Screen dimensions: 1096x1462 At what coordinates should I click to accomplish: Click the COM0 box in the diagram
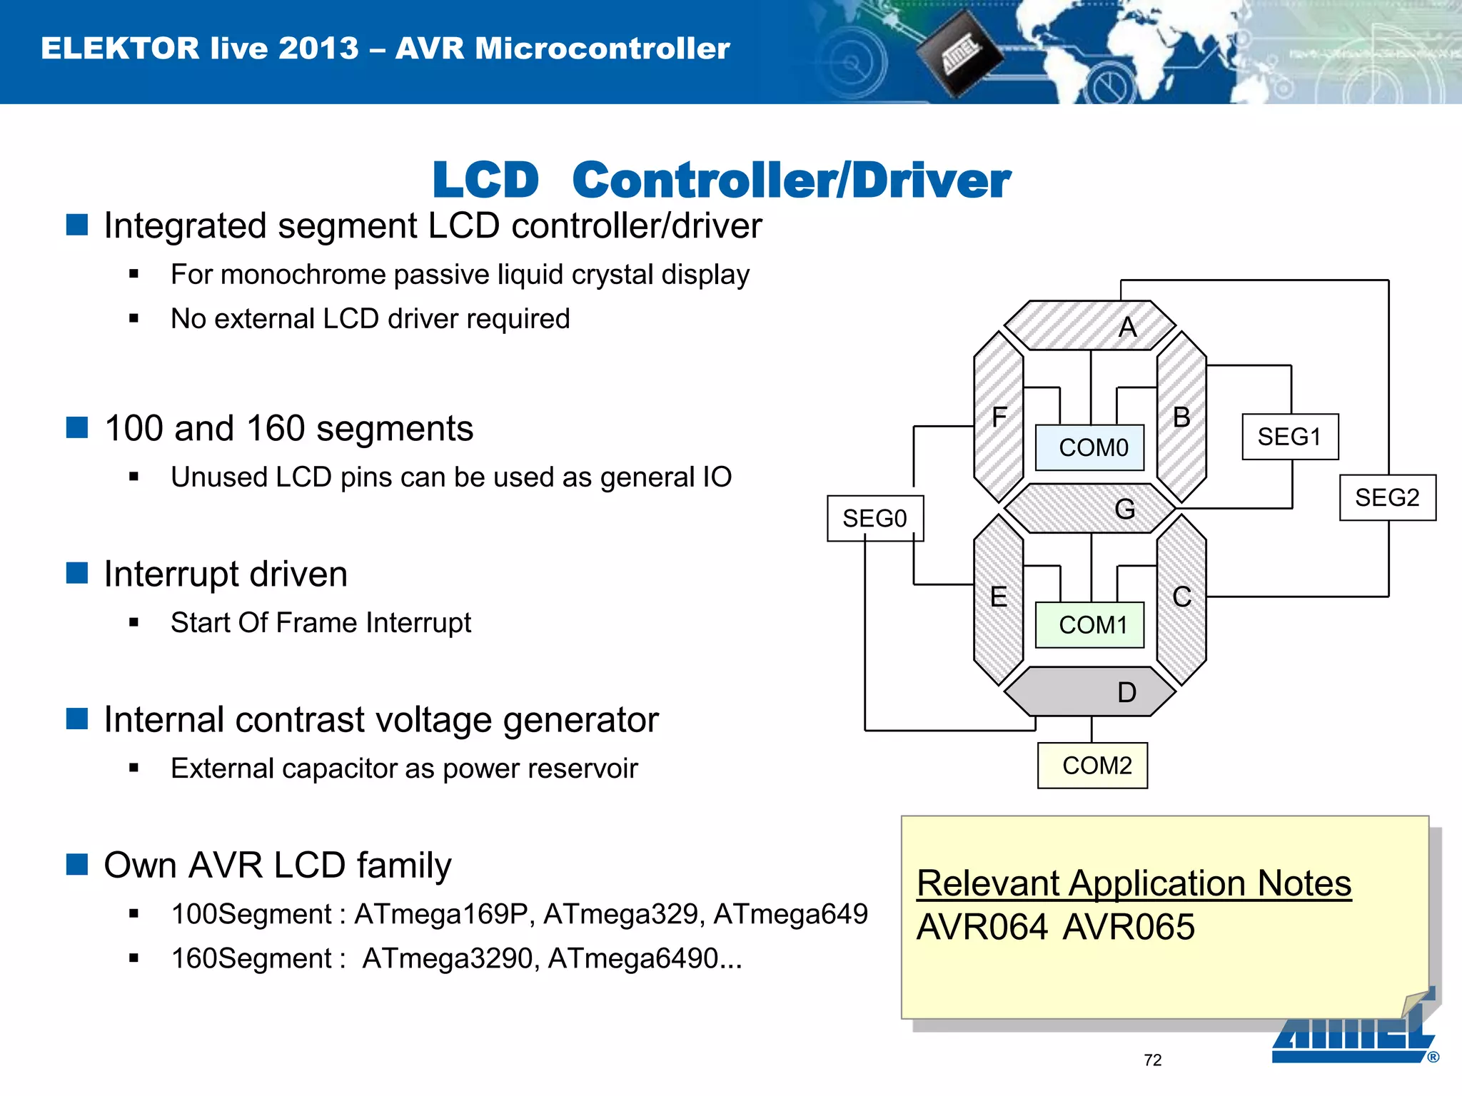coord(1090,447)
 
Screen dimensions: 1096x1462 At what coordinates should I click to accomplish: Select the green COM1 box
coord(1090,625)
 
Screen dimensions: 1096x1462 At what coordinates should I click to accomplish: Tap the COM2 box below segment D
coord(1093,766)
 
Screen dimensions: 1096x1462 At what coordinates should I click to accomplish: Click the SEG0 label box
coord(875,519)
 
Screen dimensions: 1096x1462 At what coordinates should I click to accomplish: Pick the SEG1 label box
coord(1290,437)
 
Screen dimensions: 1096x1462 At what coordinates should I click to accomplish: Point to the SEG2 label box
coord(1387,497)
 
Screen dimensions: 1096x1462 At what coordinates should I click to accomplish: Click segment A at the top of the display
coord(1090,326)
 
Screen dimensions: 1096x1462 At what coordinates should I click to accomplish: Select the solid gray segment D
coord(1090,692)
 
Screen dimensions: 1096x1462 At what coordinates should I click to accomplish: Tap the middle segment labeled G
coord(1090,509)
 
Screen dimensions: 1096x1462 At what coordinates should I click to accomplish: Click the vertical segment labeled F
coord(999,417)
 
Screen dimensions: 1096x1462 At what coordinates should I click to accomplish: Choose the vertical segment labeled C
coord(1181,598)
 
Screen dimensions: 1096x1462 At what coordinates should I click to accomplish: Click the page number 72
coord(1152,1060)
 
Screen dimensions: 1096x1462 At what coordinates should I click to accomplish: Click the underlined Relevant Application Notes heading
coord(1134,883)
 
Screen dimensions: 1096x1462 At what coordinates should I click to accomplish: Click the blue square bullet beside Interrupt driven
coord(77,573)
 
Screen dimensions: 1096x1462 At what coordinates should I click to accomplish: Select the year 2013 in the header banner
coord(318,49)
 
